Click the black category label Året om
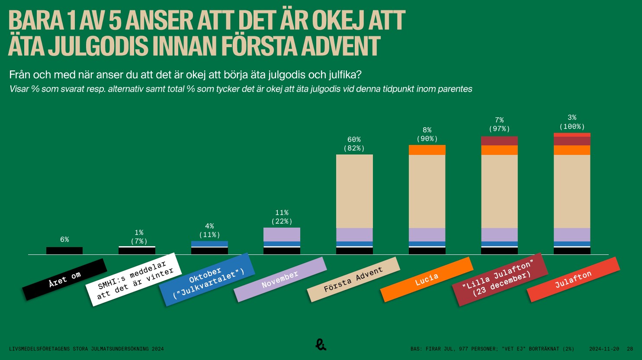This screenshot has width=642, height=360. (64, 280)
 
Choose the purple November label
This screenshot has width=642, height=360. (280, 280)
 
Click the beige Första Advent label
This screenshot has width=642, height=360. (353, 280)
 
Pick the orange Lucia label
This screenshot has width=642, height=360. (427, 280)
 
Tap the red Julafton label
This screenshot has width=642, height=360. (573, 280)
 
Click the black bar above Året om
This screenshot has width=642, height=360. (64, 251)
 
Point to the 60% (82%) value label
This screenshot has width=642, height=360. (354, 144)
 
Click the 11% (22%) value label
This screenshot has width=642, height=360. (282, 217)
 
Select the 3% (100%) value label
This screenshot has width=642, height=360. (572, 122)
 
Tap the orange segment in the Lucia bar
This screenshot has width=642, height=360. (427, 150)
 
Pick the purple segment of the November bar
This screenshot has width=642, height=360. (282, 235)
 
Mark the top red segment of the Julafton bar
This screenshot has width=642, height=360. (572, 135)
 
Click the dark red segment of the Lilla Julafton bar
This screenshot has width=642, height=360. (499, 141)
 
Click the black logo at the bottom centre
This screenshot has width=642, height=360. (321, 344)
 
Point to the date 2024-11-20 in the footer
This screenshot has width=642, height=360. (604, 349)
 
